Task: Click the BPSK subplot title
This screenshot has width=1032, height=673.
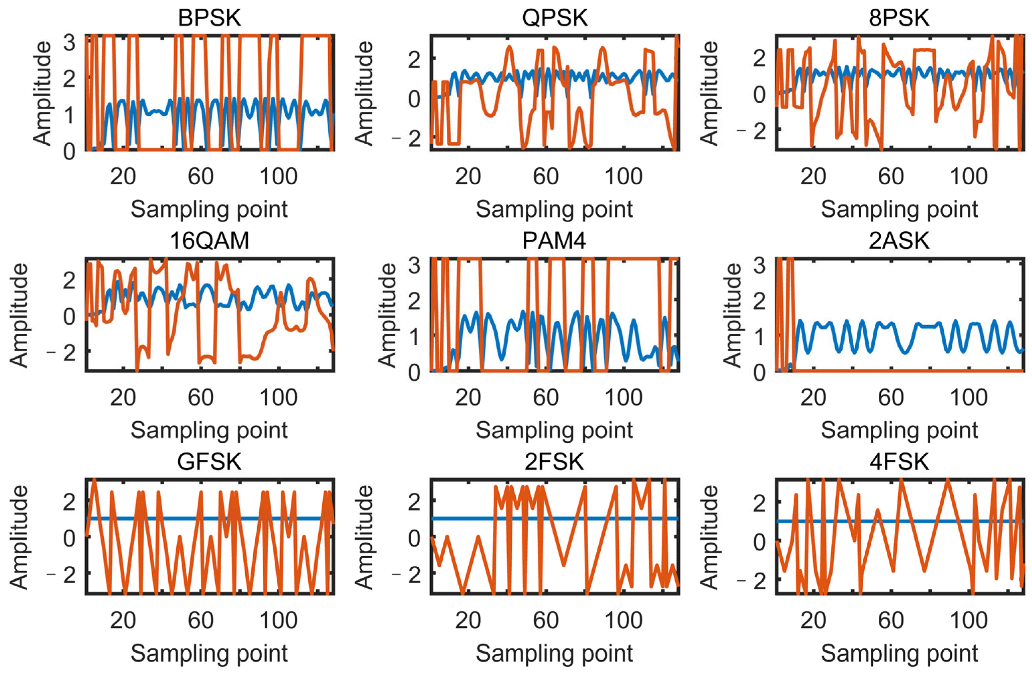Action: (209, 18)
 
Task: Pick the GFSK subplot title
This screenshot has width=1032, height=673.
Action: (209, 462)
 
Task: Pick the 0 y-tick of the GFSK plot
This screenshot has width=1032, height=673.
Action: (69, 539)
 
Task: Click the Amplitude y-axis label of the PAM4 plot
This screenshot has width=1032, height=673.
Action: (387, 315)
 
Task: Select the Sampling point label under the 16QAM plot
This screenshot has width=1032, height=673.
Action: (209, 430)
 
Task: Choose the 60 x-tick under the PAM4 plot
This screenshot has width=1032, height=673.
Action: (545, 398)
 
